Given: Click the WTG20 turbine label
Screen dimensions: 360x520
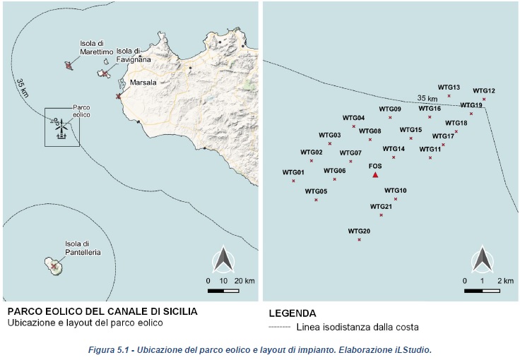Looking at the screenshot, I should coord(359,232).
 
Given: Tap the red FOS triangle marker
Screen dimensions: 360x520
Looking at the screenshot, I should coord(376,175).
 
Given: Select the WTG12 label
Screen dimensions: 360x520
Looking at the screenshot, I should coord(484,90).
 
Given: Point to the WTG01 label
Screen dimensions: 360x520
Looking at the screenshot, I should coord(293,172).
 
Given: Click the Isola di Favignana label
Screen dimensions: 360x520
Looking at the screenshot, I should coord(129,55).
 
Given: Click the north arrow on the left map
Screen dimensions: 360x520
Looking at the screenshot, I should coord(224,260).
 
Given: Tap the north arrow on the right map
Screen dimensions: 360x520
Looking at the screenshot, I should coord(483,259).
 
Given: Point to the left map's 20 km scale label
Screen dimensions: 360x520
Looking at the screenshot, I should coord(244,281).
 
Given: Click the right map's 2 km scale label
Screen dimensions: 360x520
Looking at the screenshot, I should coord(505,281).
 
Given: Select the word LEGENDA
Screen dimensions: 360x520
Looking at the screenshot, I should coord(292,313).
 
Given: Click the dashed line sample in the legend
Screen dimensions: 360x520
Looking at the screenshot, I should coord(280,328).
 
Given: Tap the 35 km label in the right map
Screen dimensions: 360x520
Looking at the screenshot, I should coord(427,98).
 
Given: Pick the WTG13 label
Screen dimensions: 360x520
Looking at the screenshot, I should coord(449,88).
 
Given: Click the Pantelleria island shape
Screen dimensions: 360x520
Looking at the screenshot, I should coord(54,266).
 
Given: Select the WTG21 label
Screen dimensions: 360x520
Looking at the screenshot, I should coord(381,206).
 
